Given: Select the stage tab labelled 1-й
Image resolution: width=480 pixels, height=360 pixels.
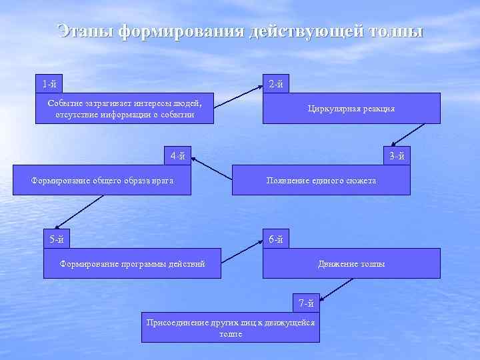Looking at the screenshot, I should (x=49, y=84).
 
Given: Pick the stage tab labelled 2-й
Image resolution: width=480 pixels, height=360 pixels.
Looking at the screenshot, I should (x=275, y=84).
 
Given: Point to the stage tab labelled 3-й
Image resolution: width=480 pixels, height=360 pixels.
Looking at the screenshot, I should (x=397, y=157).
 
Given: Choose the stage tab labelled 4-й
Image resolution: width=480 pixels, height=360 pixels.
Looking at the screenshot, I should (x=177, y=157).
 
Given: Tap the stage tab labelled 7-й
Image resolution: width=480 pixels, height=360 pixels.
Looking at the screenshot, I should (x=306, y=303).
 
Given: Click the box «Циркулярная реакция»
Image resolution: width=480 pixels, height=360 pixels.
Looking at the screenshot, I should (x=351, y=109).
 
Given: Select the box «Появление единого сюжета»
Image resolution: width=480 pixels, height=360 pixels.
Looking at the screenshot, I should (x=321, y=181).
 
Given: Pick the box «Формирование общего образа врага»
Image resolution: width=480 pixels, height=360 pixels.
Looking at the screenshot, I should (x=102, y=181).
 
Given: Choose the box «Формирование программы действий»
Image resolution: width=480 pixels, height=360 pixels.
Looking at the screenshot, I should (x=132, y=264).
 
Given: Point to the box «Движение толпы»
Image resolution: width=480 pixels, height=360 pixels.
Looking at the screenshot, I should (x=351, y=264).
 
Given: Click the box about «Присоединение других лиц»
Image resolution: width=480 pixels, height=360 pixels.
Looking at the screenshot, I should (x=230, y=327).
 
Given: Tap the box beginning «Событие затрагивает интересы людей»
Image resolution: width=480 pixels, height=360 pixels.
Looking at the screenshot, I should (x=125, y=109).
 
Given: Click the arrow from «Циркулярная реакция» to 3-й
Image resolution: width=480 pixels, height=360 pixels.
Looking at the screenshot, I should (x=404, y=135).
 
